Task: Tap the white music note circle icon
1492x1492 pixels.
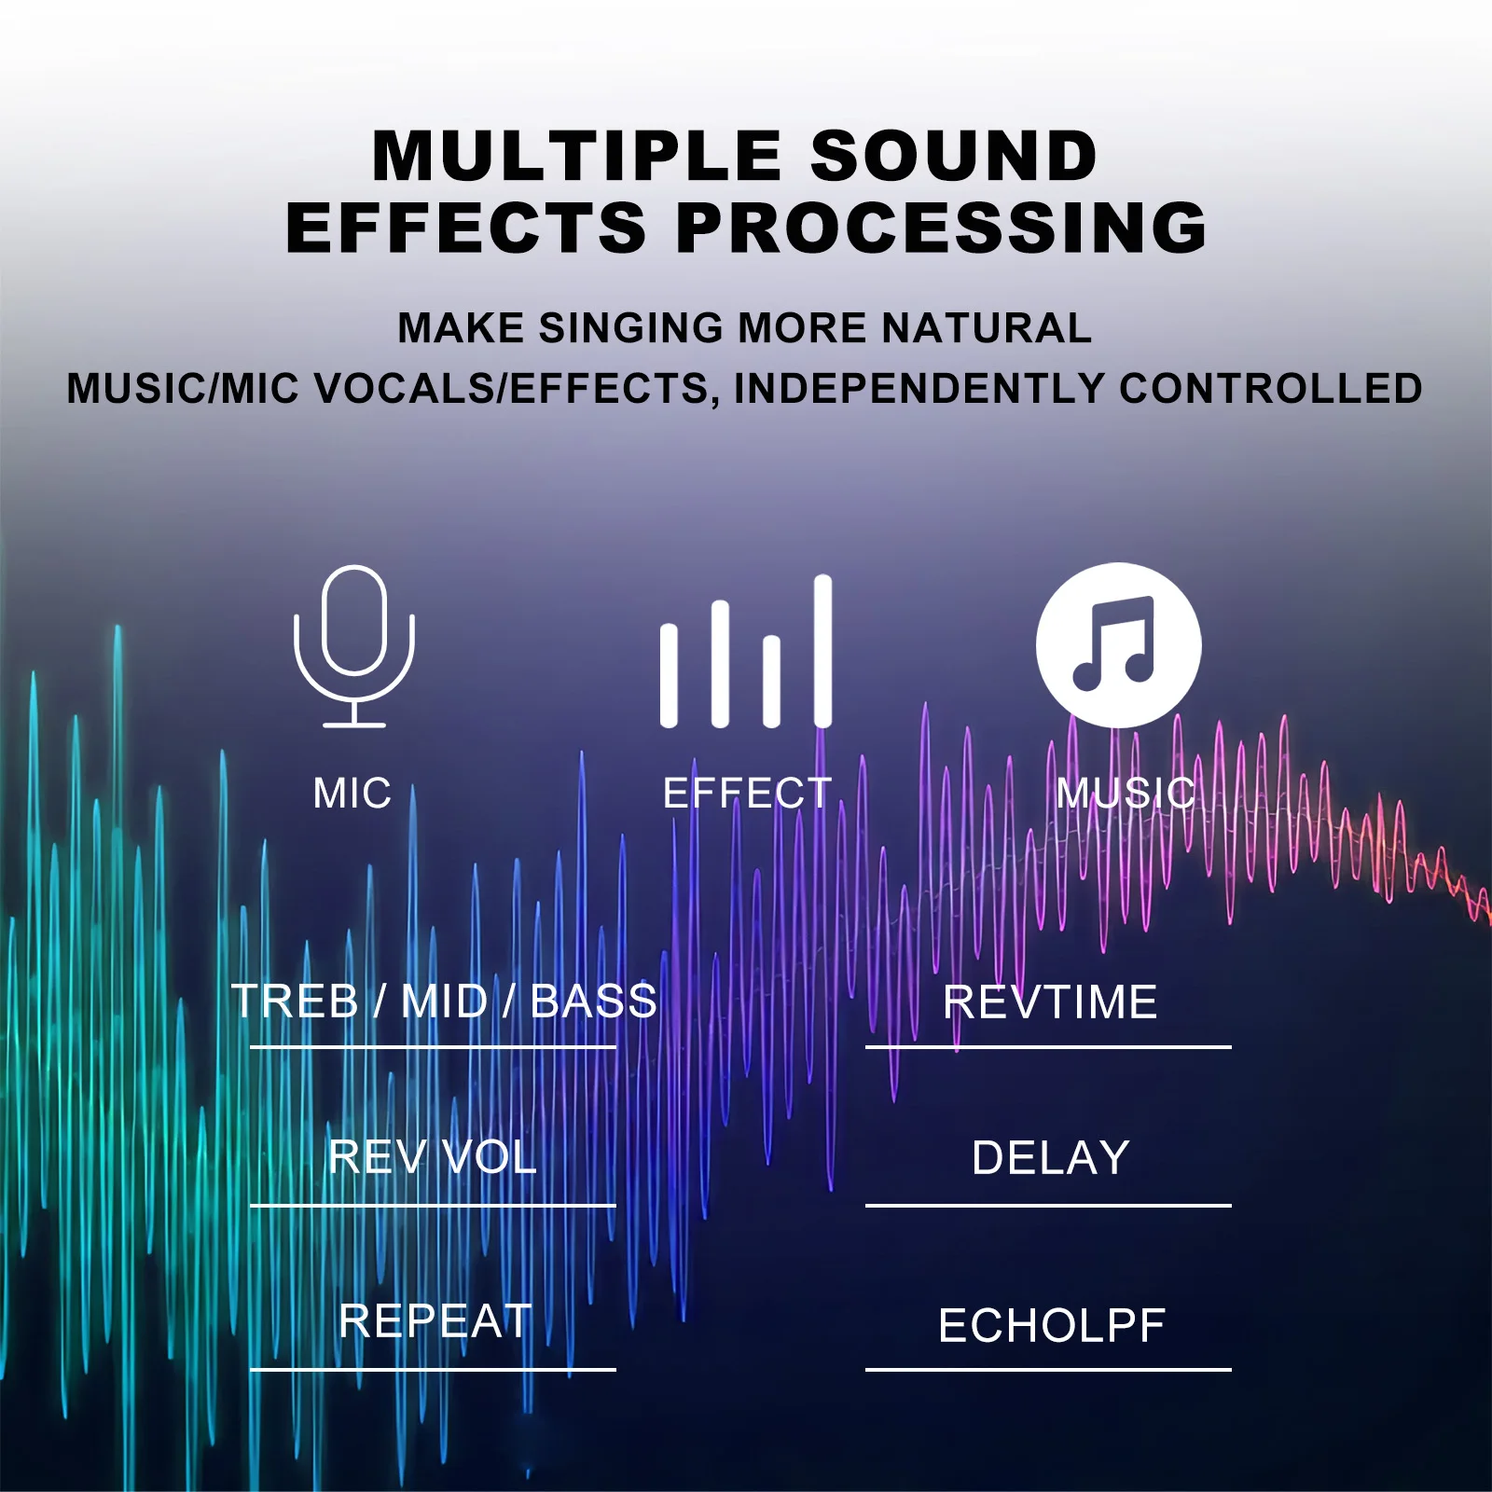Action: coord(1118,645)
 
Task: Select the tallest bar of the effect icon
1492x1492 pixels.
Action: coord(822,651)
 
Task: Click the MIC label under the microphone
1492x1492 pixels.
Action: coord(352,794)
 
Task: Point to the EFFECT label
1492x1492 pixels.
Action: coord(747,794)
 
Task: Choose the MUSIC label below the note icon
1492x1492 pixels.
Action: coord(1126,794)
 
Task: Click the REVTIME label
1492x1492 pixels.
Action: coord(1050,1002)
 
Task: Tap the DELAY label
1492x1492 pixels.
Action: coord(1051,1158)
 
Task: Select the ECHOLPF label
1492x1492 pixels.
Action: coord(1052,1326)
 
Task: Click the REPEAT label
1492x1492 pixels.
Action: coord(435,1321)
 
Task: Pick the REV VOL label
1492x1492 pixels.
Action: coord(433,1158)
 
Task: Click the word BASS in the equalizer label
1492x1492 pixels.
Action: coord(594,1002)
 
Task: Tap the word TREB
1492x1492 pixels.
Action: coord(295,1002)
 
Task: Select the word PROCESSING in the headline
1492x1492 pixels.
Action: coord(942,228)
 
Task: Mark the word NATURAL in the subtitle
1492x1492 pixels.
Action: coord(987,328)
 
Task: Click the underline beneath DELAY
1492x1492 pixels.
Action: coord(1048,1206)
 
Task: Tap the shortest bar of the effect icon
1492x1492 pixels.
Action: coord(669,675)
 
